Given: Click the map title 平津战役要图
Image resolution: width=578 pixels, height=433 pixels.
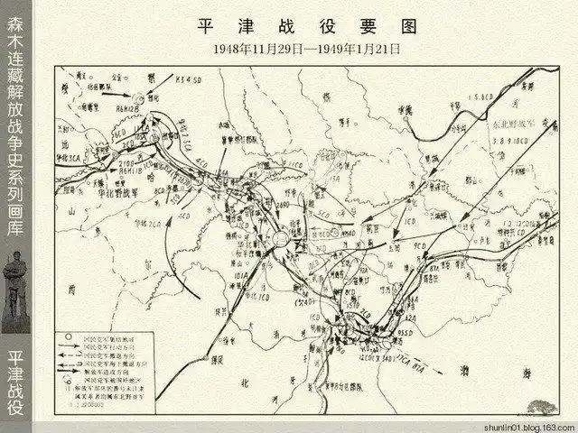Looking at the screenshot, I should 306,23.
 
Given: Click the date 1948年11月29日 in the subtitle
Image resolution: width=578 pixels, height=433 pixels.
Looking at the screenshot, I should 259,46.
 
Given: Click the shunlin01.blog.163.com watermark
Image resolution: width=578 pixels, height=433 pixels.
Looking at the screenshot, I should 529,425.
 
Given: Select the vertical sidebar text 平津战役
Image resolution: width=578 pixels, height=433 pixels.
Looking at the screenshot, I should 15,382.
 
